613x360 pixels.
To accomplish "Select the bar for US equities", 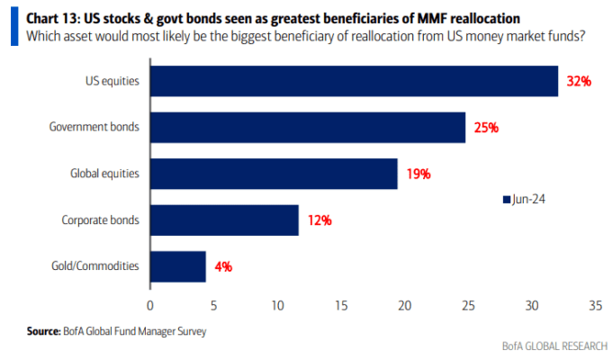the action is [x=354, y=81].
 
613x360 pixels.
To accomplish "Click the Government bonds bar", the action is [x=308, y=128].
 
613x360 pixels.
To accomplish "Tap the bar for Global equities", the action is [x=274, y=174].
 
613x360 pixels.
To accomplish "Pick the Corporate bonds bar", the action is [x=224, y=220].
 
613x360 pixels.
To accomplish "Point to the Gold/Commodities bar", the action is [x=178, y=266].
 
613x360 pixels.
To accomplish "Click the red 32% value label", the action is [x=579, y=81].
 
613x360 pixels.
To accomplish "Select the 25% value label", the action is [x=486, y=128].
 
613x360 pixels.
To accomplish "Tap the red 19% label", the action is [x=419, y=174].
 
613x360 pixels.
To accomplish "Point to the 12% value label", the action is [x=320, y=220].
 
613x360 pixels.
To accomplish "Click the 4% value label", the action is [x=223, y=267].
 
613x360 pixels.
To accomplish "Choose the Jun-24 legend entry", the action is [x=524, y=199].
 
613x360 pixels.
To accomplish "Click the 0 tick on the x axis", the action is [x=150, y=305].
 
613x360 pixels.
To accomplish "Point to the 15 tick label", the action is [x=341, y=305].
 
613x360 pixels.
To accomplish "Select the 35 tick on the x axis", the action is [x=595, y=305].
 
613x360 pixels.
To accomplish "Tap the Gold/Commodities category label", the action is [x=95, y=265].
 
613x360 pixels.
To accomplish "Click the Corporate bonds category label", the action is [x=101, y=220].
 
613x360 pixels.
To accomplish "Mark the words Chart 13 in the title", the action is [x=52, y=18].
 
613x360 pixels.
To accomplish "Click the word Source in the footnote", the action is [x=43, y=331].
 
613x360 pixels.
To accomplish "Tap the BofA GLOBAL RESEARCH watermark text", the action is [x=554, y=346].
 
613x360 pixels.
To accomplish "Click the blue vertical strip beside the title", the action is [x=14, y=26].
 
